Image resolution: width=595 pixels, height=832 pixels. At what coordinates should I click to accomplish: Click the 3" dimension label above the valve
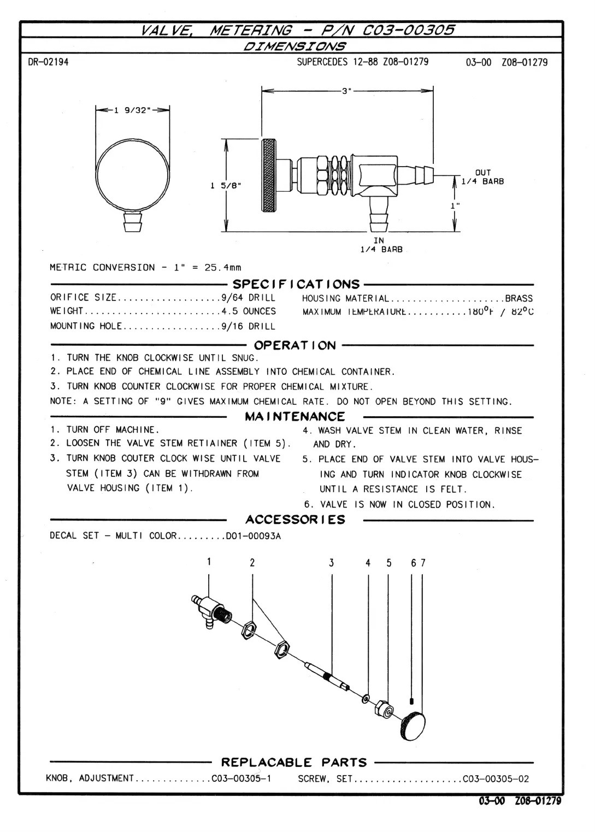click(x=345, y=91)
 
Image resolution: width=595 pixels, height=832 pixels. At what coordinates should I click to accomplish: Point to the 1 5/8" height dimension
click(x=226, y=186)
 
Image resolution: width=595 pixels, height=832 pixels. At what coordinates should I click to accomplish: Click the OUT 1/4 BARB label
click(x=482, y=177)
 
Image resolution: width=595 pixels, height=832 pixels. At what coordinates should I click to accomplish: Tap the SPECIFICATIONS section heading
click(x=296, y=284)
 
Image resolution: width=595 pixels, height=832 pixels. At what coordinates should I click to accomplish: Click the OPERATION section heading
click(x=295, y=345)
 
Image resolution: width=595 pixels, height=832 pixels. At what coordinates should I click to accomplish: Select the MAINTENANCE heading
click(x=295, y=417)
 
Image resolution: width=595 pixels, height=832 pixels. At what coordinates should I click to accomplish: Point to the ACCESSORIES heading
click(x=295, y=520)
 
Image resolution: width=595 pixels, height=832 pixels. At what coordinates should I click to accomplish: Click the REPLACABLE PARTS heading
click(x=294, y=762)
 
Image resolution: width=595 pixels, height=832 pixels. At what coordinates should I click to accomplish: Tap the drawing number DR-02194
click(x=48, y=62)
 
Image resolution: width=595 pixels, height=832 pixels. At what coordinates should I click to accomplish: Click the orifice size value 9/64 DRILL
click(x=248, y=298)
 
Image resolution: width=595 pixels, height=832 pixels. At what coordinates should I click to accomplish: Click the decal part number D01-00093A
click(x=254, y=536)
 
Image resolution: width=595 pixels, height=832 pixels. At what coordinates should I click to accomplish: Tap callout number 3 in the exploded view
click(x=331, y=563)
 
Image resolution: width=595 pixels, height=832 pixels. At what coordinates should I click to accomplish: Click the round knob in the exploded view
click(x=414, y=725)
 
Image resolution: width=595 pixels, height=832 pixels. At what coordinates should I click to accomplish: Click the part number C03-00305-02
click(x=496, y=779)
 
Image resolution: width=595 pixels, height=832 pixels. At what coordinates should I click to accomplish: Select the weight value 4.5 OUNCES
click(x=248, y=311)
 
